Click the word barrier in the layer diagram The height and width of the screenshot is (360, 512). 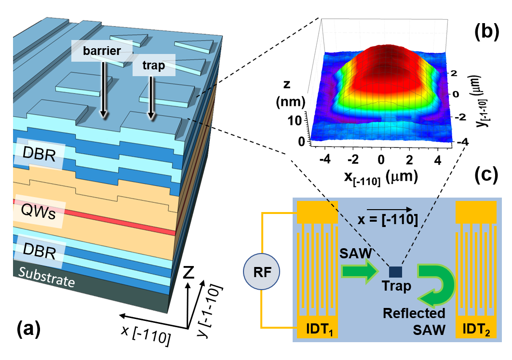(101, 51)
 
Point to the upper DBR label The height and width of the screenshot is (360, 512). (39, 155)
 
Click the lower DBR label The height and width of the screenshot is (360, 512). (39, 251)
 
